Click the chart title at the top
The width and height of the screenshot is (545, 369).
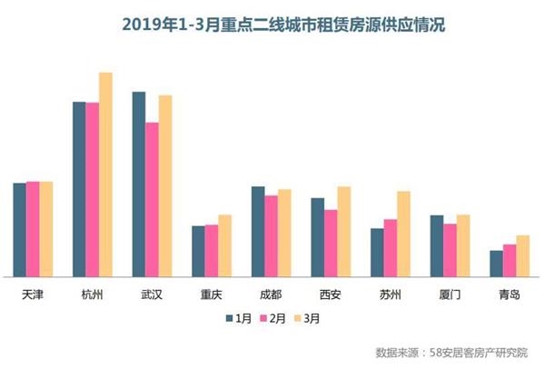(272, 25)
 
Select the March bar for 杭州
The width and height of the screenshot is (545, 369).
(105, 174)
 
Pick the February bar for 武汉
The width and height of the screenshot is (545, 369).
(152, 199)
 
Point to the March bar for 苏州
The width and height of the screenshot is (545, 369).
(403, 234)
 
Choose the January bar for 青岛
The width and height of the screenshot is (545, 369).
(496, 263)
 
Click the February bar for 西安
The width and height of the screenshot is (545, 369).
(331, 243)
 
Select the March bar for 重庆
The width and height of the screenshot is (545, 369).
(224, 245)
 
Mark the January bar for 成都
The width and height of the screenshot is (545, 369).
(258, 231)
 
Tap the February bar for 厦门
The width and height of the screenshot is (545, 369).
(450, 250)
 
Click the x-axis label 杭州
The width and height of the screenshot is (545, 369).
(92, 294)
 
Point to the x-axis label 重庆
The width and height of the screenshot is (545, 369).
(211, 294)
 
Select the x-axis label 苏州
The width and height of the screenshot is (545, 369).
(391, 294)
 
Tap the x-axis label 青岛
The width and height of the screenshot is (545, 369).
(510, 294)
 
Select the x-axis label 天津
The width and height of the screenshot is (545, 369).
(33, 294)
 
